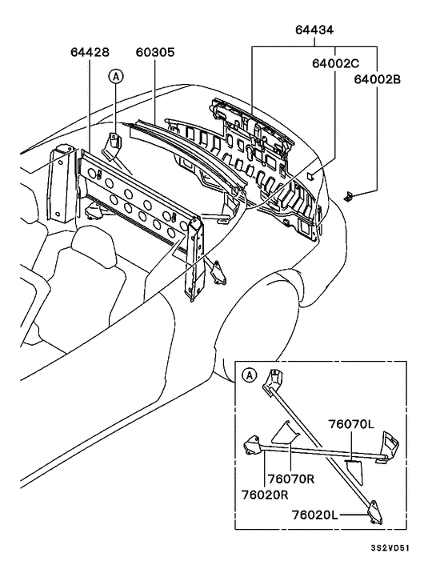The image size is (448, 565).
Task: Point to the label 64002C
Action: click(x=334, y=62)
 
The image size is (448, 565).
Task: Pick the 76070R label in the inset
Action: click(x=290, y=479)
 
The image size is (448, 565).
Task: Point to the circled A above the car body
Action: click(x=116, y=76)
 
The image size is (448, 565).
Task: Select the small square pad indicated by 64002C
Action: click(x=316, y=173)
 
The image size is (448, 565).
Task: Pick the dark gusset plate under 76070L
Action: click(x=353, y=469)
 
